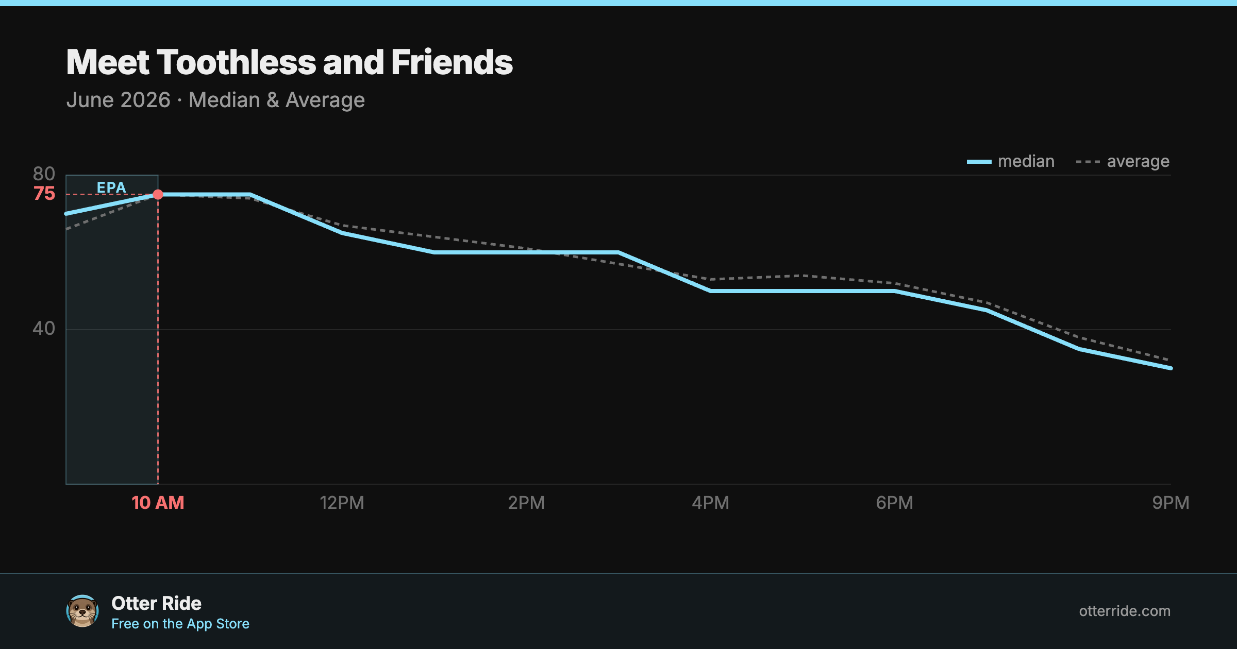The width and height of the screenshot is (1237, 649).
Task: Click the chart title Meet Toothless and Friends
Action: pos(289,62)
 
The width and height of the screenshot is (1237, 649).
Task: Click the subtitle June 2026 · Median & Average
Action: pos(215,100)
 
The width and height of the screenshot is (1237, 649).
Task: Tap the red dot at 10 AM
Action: pos(158,195)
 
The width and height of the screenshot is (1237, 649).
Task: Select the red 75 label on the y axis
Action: pos(44,194)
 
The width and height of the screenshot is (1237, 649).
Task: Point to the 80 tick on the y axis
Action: pos(44,174)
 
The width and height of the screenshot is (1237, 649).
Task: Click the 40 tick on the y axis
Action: pos(44,328)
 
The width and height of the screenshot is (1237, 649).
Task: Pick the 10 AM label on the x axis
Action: pos(158,503)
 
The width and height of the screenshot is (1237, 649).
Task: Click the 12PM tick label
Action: pos(342,503)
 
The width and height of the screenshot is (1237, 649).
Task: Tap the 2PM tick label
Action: pos(526,503)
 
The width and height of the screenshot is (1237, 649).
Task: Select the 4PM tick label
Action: pos(710,503)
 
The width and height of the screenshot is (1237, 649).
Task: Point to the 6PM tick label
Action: pos(894,503)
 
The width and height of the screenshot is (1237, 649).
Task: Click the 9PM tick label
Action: pos(1171,503)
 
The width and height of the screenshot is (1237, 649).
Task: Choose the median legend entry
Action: pos(1011,162)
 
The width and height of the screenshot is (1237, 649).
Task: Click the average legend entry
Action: pos(1123,162)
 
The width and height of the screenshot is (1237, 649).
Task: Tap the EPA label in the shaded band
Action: pos(111,187)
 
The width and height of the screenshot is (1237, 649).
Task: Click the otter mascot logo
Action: pos(82,611)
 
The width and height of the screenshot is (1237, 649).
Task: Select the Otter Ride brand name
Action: pos(156,603)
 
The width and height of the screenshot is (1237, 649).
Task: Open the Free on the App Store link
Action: pos(180,624)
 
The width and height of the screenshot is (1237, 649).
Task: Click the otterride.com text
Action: pos(1125,611)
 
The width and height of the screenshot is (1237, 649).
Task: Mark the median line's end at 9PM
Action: pos(1171,368)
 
